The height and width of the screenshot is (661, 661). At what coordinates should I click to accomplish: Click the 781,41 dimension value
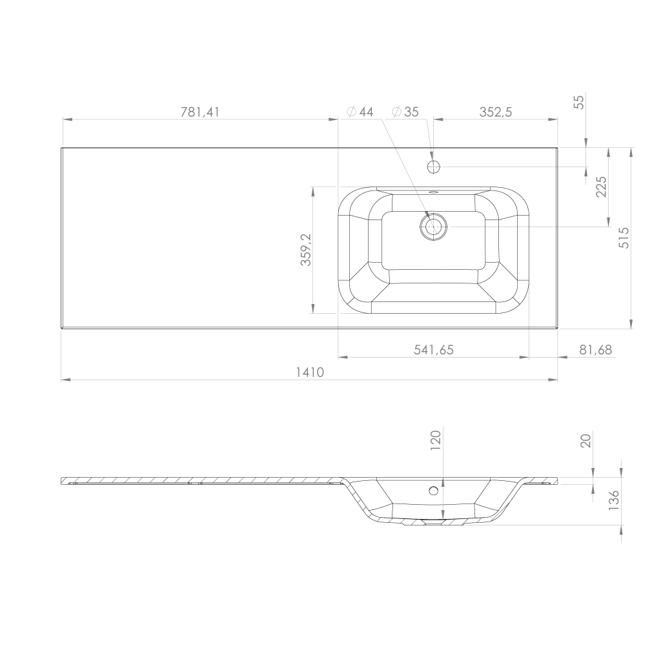(200, 112)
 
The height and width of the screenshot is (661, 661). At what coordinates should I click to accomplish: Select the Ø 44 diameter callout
(360, 112)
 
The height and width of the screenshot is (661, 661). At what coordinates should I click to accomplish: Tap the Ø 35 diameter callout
(405, 112)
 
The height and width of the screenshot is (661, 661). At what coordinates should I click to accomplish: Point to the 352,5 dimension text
(496, 112)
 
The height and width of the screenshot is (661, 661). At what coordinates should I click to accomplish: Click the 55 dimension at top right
(580, 102)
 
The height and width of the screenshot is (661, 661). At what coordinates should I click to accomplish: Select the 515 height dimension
(624, 238)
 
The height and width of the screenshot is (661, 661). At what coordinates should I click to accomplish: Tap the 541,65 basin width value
(433, 350)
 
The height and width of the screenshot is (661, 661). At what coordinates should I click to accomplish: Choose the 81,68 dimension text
(595, 350)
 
